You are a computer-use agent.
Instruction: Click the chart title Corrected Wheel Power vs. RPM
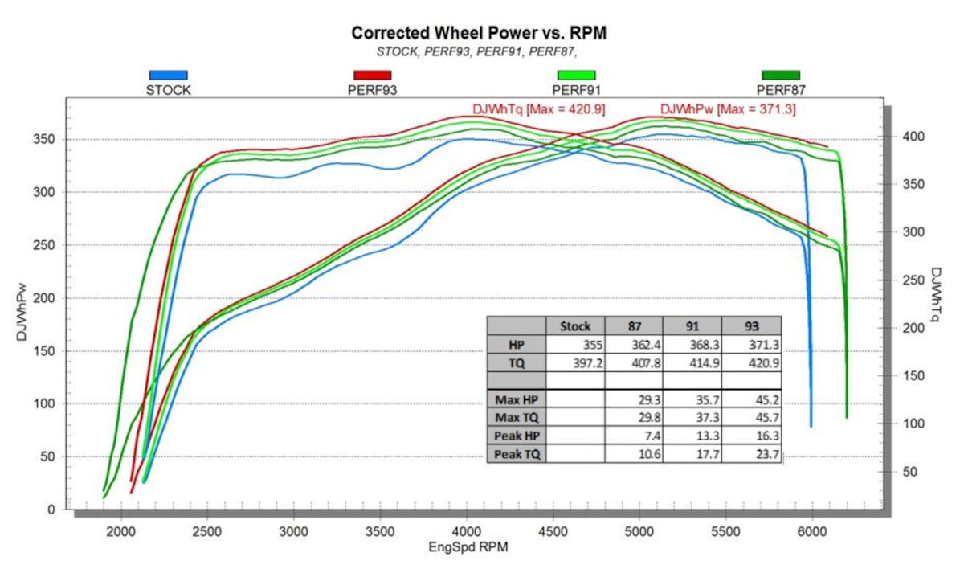tap(477, 33)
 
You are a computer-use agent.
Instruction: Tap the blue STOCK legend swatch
tap(168, 75)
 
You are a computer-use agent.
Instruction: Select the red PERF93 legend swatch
tap(372, 75)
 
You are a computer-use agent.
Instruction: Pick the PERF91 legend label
tap(577, 90)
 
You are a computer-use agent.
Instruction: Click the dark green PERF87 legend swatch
tap(781, 75)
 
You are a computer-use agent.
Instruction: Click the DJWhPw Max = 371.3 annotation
tap(728, 109)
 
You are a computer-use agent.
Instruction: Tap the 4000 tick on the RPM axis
tap(467, 531)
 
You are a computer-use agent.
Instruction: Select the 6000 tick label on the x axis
tap(812, 531)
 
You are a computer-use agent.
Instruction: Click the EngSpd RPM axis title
tap(468, 547)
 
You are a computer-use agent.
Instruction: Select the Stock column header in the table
tap(574, 326)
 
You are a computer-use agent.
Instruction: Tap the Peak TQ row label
tap(517, 455)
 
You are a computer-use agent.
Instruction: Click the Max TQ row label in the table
tap(517, 418)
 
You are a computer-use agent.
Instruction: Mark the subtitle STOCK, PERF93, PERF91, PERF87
tap(477, 51)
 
